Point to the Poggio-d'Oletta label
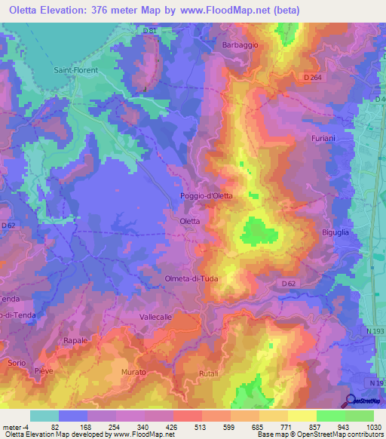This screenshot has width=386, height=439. (x=207, y=196)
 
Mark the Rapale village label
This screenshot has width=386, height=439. (x=76, y=341)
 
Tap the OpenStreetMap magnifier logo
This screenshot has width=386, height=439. (x=350, y=401)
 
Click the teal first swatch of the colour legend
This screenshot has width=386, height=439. (x=44, y=416)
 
